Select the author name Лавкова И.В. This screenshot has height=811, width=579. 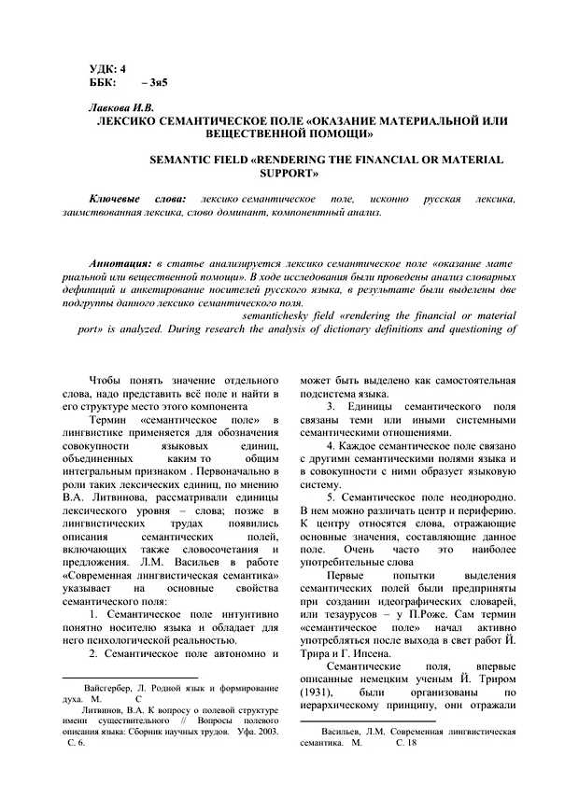coord(120,109)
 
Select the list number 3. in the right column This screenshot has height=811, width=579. coord(330,409)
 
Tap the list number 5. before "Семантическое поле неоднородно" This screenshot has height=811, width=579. coord(330,497)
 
